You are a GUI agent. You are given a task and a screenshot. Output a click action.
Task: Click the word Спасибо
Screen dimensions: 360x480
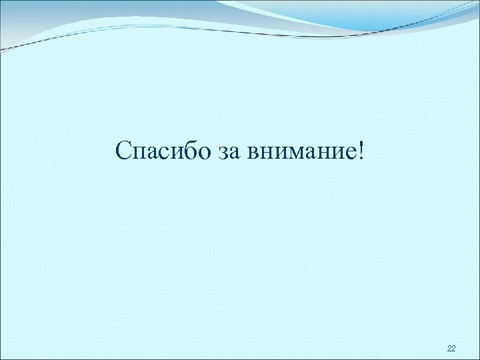click(163, 151)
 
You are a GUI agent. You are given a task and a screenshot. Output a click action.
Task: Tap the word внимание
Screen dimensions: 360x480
click(301, 153)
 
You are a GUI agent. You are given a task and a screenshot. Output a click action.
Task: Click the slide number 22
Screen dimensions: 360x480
click(451, 349)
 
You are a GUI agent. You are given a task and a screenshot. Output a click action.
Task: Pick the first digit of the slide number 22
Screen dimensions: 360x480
click(449, 349)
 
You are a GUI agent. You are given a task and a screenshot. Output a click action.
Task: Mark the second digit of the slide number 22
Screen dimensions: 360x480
click(454, 349)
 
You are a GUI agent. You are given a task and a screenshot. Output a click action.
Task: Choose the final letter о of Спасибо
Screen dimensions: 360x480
click(205, 153)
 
